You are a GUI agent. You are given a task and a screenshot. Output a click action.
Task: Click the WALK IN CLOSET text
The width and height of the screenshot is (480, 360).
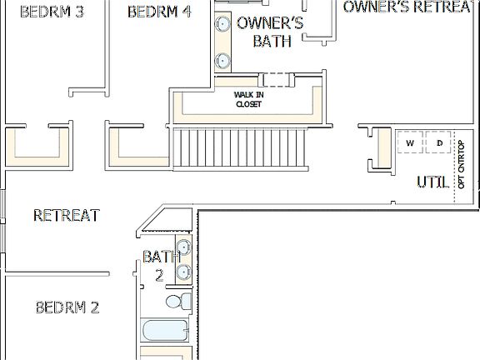tap(247, 100)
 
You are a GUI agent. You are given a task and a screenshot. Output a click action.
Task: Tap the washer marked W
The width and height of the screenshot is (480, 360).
tap(409, 143)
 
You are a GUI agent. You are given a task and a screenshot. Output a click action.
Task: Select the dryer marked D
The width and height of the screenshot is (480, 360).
tap(439, 143)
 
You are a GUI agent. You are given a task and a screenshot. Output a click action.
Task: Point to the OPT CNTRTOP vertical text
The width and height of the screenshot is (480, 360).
tap(462, 164)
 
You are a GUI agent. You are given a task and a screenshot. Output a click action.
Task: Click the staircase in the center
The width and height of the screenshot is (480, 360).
tap(239, 149)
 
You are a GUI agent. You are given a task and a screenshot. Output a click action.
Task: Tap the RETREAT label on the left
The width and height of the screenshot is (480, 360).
tap(67, 216)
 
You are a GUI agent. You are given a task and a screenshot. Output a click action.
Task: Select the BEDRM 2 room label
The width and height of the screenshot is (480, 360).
tap(67, 307)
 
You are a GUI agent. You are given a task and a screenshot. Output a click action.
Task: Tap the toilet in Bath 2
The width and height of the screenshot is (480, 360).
tap(177, 300)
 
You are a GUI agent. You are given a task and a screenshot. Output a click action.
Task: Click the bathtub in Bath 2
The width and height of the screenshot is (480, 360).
tap(167, 331)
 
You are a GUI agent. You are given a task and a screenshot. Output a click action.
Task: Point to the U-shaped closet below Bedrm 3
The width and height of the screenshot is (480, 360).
tap(37, 145)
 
